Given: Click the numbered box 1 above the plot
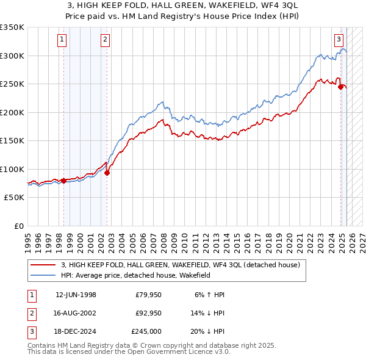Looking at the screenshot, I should (x=63, y=40).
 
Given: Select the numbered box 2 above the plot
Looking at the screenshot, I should (x=105, y=40).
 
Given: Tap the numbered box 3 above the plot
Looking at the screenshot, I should (x=339, y=40).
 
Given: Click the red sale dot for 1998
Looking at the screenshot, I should (x=63, y=181).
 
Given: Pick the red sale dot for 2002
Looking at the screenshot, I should (x=107, y=173).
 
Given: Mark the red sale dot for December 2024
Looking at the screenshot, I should (x=340, y=87).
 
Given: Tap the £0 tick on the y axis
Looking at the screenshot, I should (x=18, y=226).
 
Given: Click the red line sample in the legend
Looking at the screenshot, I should (x=43, y=265).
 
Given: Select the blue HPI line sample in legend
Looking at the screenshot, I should (x=43, y=276).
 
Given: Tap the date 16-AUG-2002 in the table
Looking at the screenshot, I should (x=76, y=313).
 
